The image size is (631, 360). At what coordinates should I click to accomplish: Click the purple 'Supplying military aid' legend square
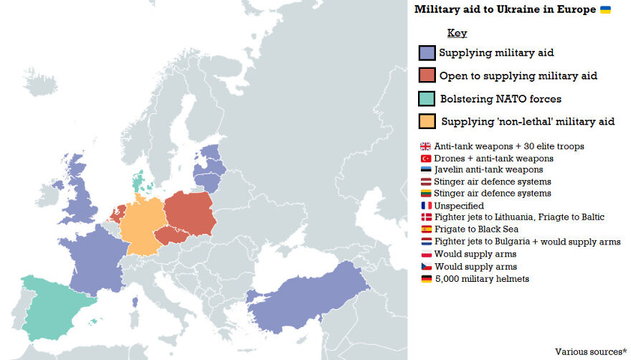click(427, 53)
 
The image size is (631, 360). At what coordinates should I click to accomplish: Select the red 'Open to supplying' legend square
click(427, 75)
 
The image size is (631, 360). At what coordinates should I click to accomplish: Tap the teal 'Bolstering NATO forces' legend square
click(427, 98)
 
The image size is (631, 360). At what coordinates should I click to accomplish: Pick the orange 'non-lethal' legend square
click(427, 121)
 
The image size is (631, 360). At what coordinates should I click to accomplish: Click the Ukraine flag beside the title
click(605, 9)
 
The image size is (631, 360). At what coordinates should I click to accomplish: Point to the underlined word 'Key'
click(457, 33)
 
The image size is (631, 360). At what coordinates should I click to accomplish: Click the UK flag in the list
click(426, 146)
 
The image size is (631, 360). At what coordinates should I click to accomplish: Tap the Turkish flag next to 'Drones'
click(426, 158)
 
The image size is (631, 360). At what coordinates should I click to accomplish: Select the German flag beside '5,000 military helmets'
click(426, 279)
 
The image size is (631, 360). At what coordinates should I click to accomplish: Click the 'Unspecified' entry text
click(459, 206)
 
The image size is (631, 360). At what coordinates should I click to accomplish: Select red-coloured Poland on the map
click(190, 212)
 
